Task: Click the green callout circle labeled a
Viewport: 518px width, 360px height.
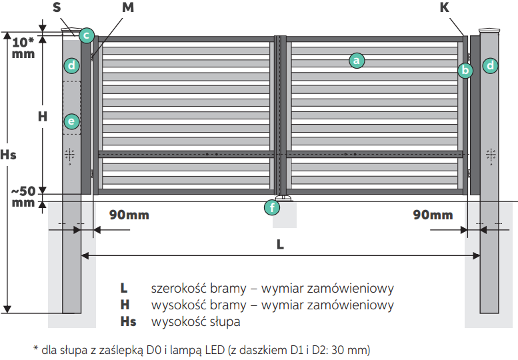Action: pos(356,61)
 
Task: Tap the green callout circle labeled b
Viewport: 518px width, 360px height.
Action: pos(465,69)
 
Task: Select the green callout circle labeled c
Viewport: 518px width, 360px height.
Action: pos(86,35)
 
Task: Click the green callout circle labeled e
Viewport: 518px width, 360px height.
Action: pos(71,121)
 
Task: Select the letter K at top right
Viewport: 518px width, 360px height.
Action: pos(444,8)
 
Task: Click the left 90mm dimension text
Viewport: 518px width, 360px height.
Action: pos(129,215)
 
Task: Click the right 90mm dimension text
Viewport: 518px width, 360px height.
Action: pos(433,215)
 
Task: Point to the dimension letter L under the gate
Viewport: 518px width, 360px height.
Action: pos(281,244)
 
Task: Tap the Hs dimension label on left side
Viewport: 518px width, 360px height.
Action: pos(8,155)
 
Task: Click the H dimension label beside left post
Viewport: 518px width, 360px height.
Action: pos(42,116)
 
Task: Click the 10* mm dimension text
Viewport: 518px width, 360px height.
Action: pos(23,47)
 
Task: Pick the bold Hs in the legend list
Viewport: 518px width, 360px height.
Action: pos(128,322)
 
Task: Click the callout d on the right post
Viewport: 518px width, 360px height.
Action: pos(491,65)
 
